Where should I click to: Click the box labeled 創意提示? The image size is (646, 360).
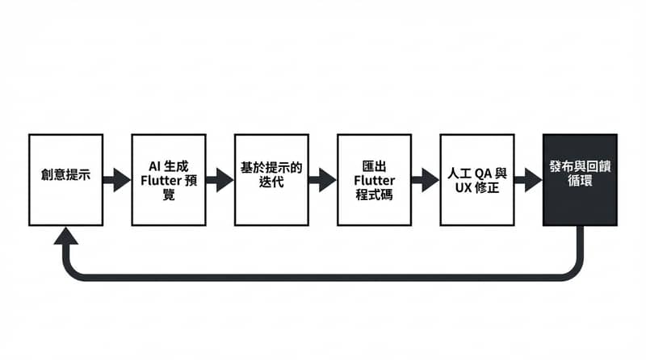click(65, 179)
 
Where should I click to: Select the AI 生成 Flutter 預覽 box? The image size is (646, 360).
click(168, 179)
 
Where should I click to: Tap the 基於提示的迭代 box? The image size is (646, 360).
click(271, 179)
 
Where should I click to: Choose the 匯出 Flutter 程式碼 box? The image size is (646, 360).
click(374, 179)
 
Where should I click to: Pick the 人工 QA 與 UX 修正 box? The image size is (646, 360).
click(476, 179)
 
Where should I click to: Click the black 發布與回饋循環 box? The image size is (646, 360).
click(580, 179)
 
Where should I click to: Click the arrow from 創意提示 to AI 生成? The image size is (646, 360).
click(117, 179)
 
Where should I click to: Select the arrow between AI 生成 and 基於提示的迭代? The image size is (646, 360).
click(220, 179)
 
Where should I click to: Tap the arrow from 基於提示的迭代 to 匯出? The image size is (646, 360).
click(323, 179)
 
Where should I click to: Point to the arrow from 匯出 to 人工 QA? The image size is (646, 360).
click(426, 179)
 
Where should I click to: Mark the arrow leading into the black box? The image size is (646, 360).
click(528, 179)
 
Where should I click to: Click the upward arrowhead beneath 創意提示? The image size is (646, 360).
click(65, 235)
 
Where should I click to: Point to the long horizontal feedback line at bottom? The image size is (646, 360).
click(323, 277)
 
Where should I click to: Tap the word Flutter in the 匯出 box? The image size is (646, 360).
click(374, 180)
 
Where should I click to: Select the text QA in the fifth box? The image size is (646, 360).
click(483, 173)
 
